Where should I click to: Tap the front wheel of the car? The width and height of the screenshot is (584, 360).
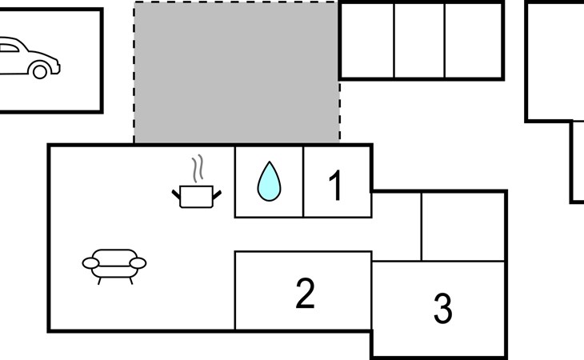point(40,71)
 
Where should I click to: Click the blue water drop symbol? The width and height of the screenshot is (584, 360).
point(269,182)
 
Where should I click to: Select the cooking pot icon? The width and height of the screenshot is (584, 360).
point(196,197)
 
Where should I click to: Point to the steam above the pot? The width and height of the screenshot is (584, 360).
point(198,168)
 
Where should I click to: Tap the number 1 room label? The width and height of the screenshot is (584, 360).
point(335,185)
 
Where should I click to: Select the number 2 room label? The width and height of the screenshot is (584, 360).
point(305,293)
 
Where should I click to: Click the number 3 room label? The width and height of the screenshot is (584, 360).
point(443,307)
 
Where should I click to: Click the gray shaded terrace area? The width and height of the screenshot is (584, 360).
point(237,72)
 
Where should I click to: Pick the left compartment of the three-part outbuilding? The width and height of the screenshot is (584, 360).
point(367,41)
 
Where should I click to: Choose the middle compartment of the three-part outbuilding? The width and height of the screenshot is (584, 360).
point(419,41)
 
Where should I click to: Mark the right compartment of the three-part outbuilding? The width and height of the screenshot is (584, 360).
point(474,41)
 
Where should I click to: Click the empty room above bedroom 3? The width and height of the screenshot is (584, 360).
point(463,226)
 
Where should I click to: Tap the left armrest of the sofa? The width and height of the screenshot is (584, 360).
point(90,263)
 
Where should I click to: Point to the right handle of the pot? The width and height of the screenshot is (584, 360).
point(217,195)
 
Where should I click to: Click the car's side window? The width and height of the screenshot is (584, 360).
point(9,48)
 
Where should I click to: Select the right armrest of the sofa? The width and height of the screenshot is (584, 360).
point(138,263)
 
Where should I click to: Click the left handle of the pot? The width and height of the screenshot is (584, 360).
point(176,194)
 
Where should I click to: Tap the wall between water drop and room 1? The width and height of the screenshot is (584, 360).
point(303,182)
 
